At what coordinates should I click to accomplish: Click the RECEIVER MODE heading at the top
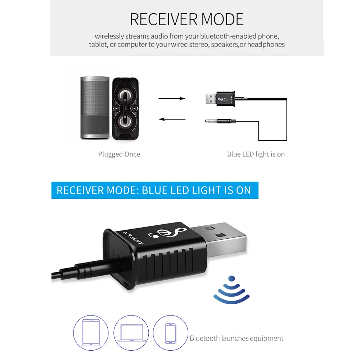186,19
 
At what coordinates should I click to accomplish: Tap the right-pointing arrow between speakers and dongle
172,98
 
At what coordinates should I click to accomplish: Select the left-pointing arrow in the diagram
172,119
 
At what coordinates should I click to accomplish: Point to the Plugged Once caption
119,154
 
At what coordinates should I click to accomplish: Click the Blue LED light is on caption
256,154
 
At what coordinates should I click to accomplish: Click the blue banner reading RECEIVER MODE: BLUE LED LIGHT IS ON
154,190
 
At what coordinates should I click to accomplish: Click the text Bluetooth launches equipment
237,338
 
